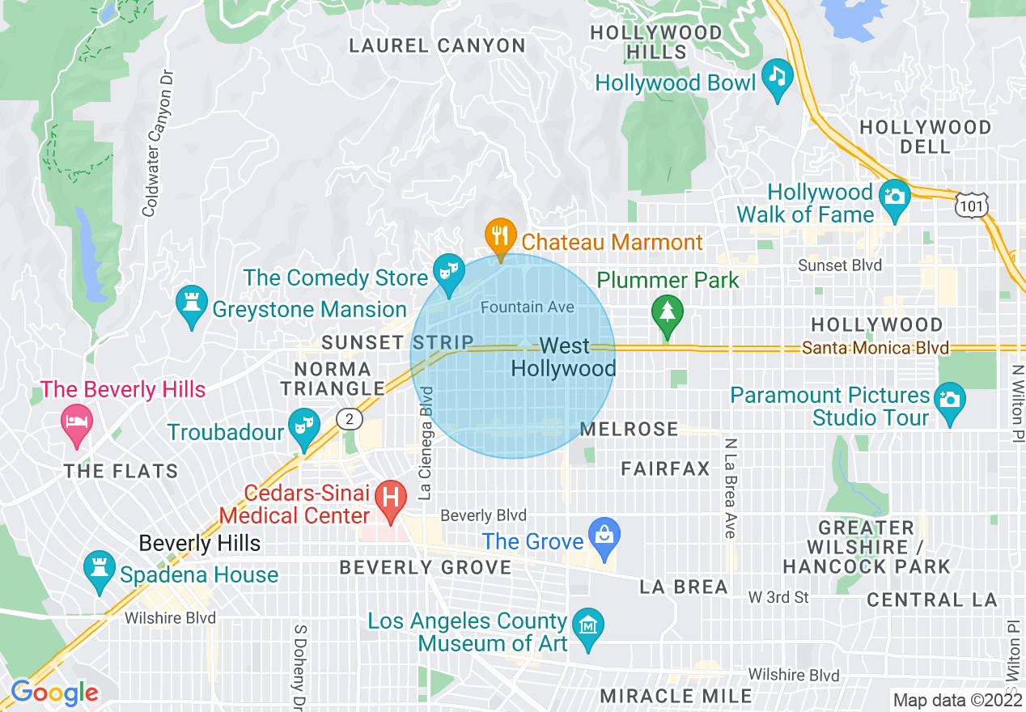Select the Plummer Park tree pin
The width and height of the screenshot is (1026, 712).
coord(668,313)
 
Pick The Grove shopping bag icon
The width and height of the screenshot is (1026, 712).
coord(604,536)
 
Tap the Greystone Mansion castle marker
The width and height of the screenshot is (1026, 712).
coord(192,304)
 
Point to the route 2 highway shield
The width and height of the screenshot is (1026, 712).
coord(349,419)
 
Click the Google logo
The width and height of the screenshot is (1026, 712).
coord(53,693)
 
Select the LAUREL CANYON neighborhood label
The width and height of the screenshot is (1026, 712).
coord(437,46)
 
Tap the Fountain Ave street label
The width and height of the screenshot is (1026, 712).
coord(527,307)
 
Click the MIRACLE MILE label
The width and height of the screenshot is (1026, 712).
coord(676,696)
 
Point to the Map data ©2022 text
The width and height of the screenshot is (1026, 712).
coord(956,700)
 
